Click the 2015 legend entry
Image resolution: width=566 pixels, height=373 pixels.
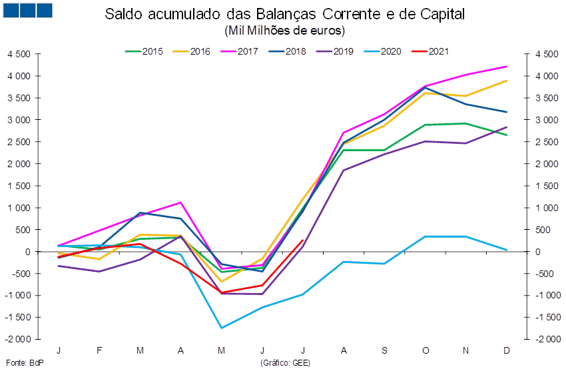(x=146, y=51)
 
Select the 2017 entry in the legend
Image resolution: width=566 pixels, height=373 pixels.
(x=241, y=51)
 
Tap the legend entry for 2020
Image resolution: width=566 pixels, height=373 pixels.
(x=384, y=51)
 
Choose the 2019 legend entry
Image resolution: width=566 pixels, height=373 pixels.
(x=336, y=51)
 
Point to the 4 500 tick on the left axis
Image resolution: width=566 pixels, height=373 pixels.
(x=21, y=54)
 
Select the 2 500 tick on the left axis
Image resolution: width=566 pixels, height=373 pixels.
(x=21, y=142)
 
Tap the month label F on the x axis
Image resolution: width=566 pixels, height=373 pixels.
(x=99, y=350)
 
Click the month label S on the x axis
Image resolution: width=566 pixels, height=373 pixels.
(x=385, y=350)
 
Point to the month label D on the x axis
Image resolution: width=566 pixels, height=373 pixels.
(x=507, y=350)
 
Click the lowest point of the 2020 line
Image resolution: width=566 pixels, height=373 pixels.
(x=222, y=328)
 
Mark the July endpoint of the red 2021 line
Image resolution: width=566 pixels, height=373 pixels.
(x=304, y=240)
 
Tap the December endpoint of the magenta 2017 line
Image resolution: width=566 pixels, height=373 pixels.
(x=507, y=66)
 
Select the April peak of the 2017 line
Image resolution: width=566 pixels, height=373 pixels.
(x=181, y=202)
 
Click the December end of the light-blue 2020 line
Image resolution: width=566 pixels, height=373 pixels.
(x=507, y=250)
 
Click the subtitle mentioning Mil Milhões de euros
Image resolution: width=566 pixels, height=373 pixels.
(x=284, y=31)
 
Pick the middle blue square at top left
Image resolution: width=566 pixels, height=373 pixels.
(x=28, y=10)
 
